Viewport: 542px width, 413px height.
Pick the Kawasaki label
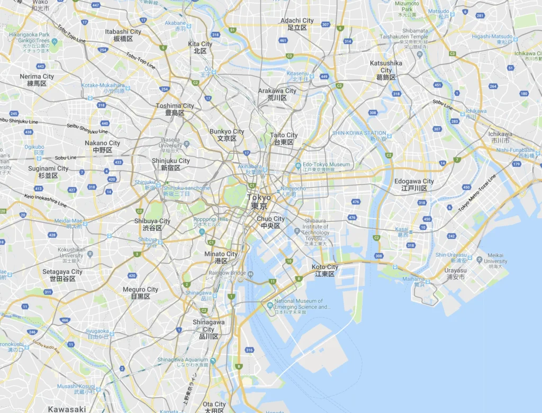(67, 409)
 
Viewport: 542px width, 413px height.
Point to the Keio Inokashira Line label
(45, 200)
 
